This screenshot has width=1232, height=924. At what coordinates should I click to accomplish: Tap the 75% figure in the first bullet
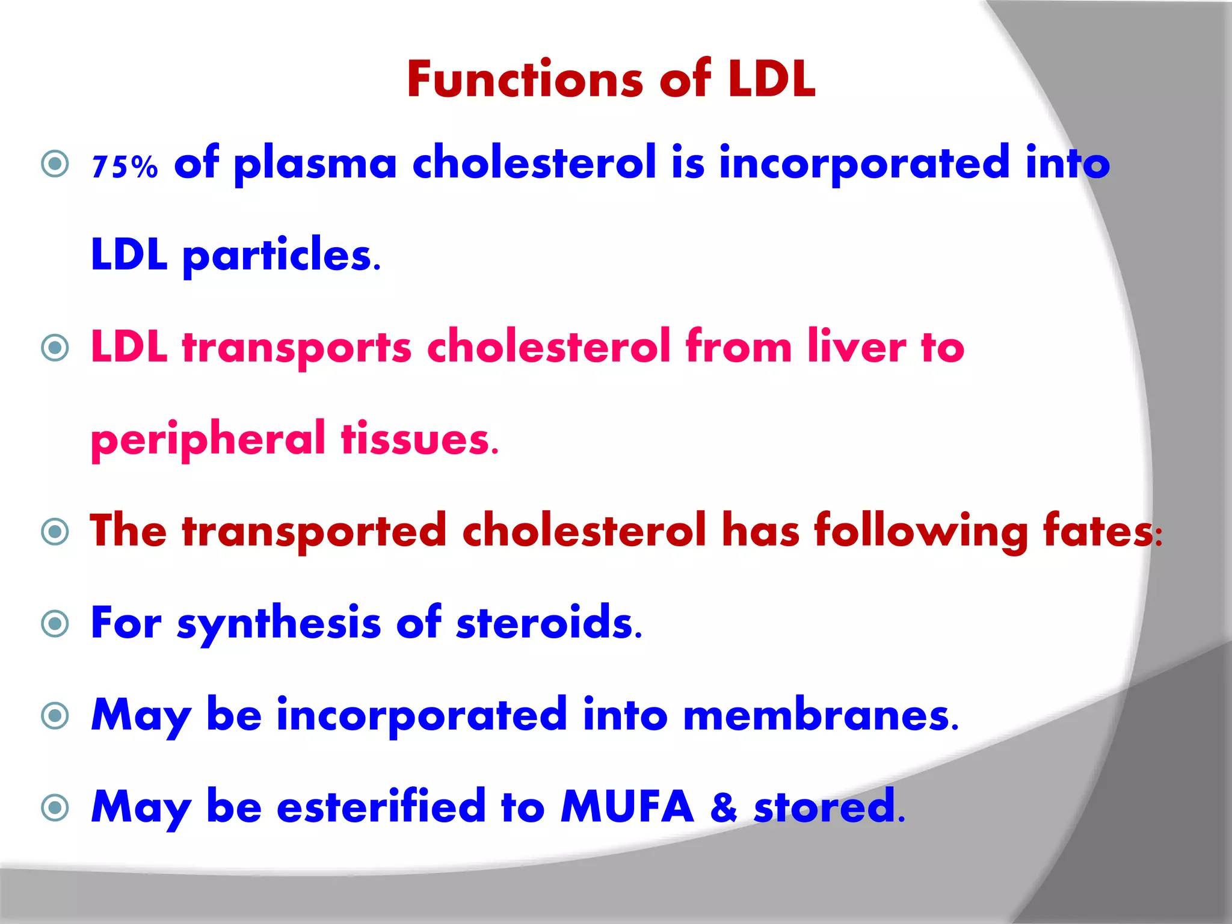[125, 166]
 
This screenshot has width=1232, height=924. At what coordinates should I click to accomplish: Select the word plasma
[315, 164]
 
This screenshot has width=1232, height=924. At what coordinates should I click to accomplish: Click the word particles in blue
[278, 255]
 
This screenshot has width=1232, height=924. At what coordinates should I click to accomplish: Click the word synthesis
[279, 623]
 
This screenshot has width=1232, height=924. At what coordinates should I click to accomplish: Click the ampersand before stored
[723, 807]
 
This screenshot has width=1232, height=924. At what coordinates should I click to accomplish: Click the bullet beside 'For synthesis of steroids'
[55, 623]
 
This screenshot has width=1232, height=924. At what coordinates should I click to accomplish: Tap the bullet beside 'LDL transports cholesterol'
[55, 347]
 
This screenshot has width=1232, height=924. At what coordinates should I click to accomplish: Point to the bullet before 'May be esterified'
[55, 807]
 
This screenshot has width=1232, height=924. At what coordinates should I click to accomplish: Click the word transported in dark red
[314, 531]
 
